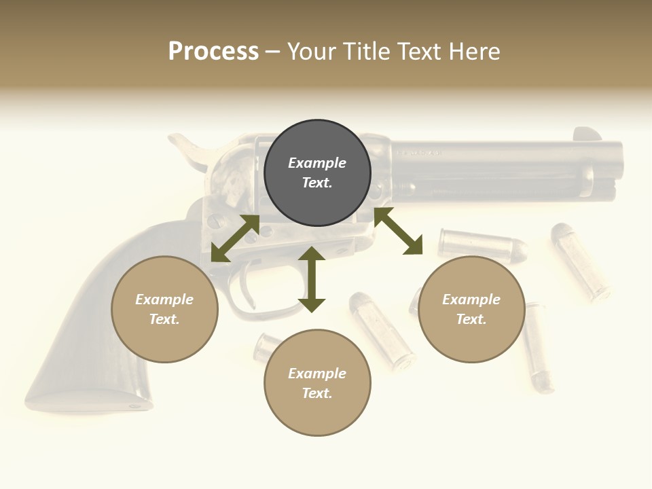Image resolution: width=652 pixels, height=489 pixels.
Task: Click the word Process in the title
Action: (213, 52)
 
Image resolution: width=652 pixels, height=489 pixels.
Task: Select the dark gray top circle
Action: (317, 173)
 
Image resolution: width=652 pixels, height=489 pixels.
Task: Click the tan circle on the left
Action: (164, 309)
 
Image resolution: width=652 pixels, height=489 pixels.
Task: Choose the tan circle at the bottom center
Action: (317, 383)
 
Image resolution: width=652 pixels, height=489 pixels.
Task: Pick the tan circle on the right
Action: (471, 309)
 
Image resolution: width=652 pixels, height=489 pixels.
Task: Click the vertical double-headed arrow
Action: (312, 279)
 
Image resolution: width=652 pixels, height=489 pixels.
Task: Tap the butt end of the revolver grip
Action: (88, 401)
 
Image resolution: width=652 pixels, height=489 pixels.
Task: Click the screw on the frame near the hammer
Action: (215, 220)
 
